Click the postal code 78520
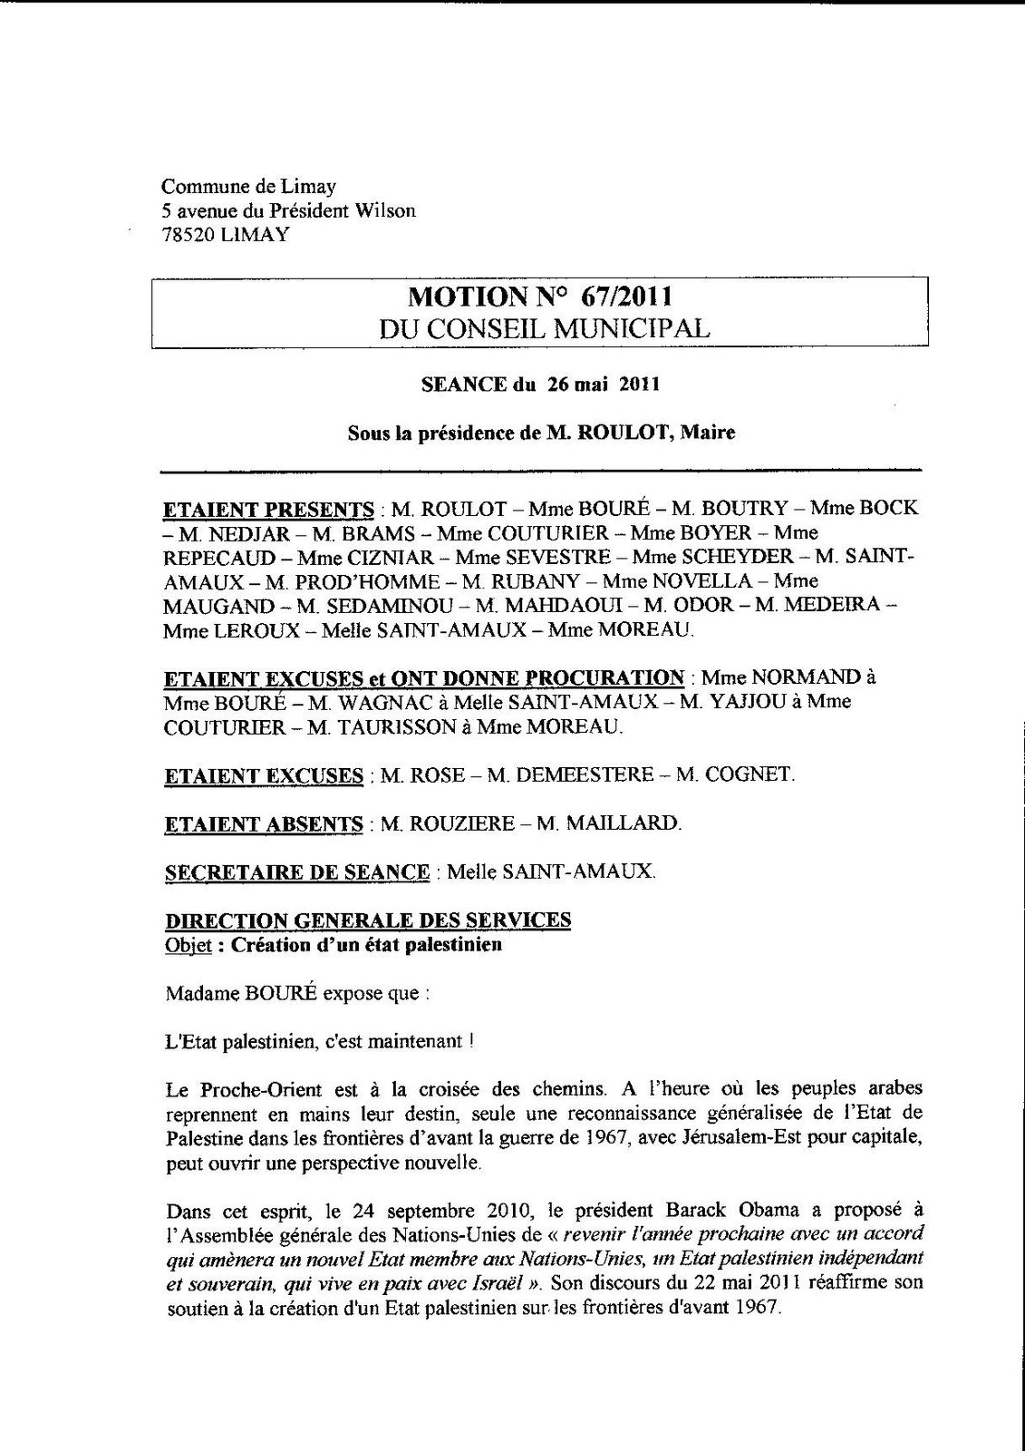tap(185, 234)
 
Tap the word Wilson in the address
tap(385, 210)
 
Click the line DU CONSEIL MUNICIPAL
tap(545, 327)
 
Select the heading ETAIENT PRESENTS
tap(268, 508)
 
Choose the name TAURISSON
tap(393, 726)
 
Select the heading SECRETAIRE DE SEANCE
tap(297, 872)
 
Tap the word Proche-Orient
tap(250, 1088)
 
